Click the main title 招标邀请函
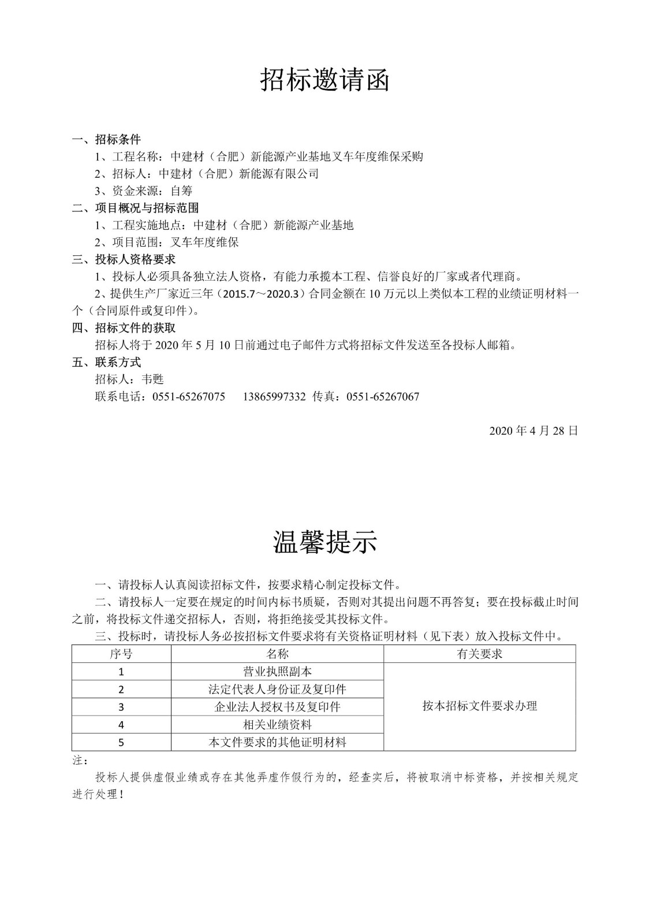click(x=325, y=80)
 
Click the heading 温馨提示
click(x=325, y=542)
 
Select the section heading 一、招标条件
click(x=106, y=139)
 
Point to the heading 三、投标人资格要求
click(x=124, y=259)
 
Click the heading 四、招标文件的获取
click(x=124, y=328)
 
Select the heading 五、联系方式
click(x=106, y=363)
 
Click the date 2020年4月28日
click(x=533, y=431)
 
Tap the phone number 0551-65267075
click(x=188, y=397)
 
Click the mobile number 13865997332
click(x=274, y=397)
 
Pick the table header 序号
click(x=121, y=654)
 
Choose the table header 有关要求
click(x=479, y=654)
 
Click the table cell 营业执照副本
click(x=277, y=672)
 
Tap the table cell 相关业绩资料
click(x=277, y=725)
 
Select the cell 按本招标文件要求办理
click(x=479, y=706)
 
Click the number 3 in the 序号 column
click(x=121, y=707)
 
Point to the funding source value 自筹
click(x=181, y=191)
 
